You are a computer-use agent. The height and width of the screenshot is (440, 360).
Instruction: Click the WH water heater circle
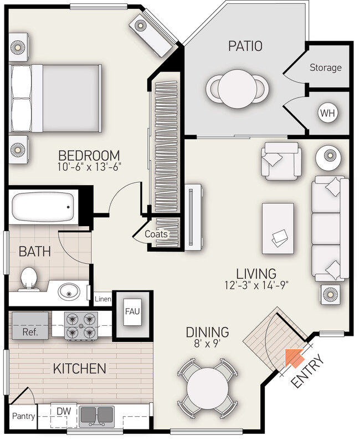(327, 113)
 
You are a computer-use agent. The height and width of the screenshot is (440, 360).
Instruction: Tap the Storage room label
(326, 68)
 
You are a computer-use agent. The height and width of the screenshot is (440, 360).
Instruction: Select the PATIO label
(245, 46)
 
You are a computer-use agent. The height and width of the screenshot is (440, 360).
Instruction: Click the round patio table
(237, 89)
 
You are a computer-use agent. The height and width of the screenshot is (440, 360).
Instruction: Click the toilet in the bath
(29, 279)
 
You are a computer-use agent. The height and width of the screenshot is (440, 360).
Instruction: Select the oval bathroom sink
(69, 291)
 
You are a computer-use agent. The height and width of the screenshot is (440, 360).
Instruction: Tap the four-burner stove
(81, 326)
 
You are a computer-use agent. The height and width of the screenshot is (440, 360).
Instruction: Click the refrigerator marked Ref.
(30, 325)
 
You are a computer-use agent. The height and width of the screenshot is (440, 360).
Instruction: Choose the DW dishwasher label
(64, 411)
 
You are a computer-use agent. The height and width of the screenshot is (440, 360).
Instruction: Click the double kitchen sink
(97, 416)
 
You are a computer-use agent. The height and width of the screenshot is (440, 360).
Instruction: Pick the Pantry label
(24, 416)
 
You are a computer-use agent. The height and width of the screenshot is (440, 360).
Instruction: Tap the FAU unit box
(132, 312)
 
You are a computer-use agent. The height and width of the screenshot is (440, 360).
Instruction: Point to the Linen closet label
(103, 299)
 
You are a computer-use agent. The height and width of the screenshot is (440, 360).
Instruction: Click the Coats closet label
(156, 234)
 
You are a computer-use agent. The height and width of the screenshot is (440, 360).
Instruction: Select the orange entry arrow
(294, 358)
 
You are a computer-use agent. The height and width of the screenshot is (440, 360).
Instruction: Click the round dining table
(208, 388)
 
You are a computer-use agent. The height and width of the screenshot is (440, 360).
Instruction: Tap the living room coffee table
(278, 229)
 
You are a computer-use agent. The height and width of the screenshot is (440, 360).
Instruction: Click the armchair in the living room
(281, 161)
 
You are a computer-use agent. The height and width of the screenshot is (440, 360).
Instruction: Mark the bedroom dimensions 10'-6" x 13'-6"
(89, 167)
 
